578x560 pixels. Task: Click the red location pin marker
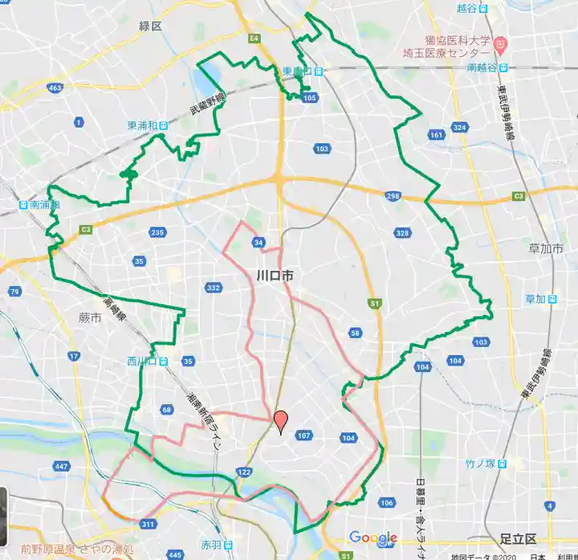281,421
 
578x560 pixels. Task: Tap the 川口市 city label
275,276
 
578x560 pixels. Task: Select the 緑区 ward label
149,27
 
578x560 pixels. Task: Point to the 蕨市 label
90,319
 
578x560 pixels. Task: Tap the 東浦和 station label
142,126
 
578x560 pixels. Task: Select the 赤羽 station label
211,545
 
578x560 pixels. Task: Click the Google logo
372,538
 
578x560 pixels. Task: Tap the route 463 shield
55,88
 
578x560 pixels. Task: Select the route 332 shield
213,288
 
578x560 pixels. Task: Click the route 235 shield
157,233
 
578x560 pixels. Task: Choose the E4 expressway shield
254,38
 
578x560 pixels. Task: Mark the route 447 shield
62,466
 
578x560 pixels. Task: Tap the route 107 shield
303,436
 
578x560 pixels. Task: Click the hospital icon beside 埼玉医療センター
500,42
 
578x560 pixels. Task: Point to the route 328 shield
402,233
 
